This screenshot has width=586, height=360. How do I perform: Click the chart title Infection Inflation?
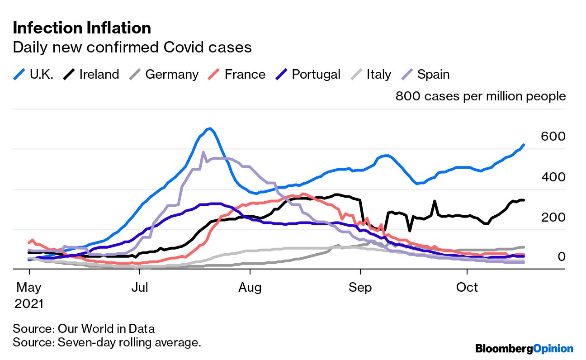pos(82,28)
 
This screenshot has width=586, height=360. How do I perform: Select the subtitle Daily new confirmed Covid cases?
pos(132,47)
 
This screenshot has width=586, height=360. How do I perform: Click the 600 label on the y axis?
pos(553,137)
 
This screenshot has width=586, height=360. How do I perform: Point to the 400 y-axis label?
pos(553,177)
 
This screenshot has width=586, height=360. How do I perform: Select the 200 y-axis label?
pos(553,217)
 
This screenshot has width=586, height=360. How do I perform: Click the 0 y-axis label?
pos(561,257)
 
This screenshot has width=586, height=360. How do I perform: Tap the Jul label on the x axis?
pos(140,288)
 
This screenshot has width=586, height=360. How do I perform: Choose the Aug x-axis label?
pos(250,288)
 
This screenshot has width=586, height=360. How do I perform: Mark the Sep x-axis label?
pos(360,288)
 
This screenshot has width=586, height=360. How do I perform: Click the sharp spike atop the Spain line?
pos(203,152)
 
